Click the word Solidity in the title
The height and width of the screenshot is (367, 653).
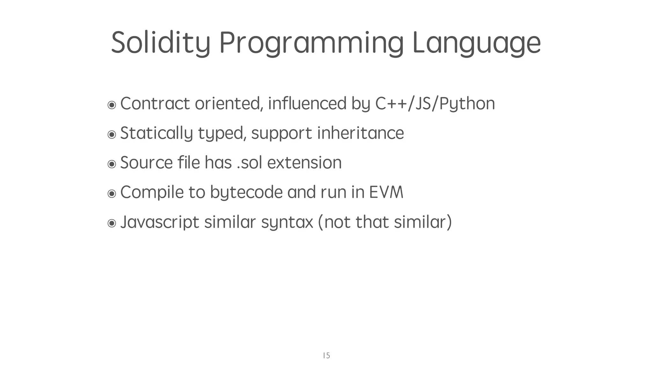[x=160, y=43]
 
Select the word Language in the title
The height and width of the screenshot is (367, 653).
[x=476, y=43]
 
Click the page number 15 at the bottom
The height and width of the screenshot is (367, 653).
[x=326, y=356]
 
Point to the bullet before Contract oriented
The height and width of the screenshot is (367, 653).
[x=112, y=105]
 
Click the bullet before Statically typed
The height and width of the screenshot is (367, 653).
[x=112, y=134]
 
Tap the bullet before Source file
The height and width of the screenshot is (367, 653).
[x=112, y=164]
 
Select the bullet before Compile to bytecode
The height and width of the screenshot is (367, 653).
[x=112, y=193]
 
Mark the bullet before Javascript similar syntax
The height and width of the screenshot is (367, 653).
[x=112, y=223]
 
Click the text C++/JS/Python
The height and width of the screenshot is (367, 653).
[x=435, y=104]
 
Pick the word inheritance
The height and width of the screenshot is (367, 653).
[x=360, y=133]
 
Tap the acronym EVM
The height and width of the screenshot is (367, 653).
[x=386, y=192]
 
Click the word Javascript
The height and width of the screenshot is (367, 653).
[x=159, y=222]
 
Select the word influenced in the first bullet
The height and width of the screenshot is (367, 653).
[x=307, y=104]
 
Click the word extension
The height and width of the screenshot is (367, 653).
[x=304, y=163]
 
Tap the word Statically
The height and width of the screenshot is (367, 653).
[x=157, y=133]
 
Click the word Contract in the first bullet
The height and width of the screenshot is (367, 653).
[x=155, y=104]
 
